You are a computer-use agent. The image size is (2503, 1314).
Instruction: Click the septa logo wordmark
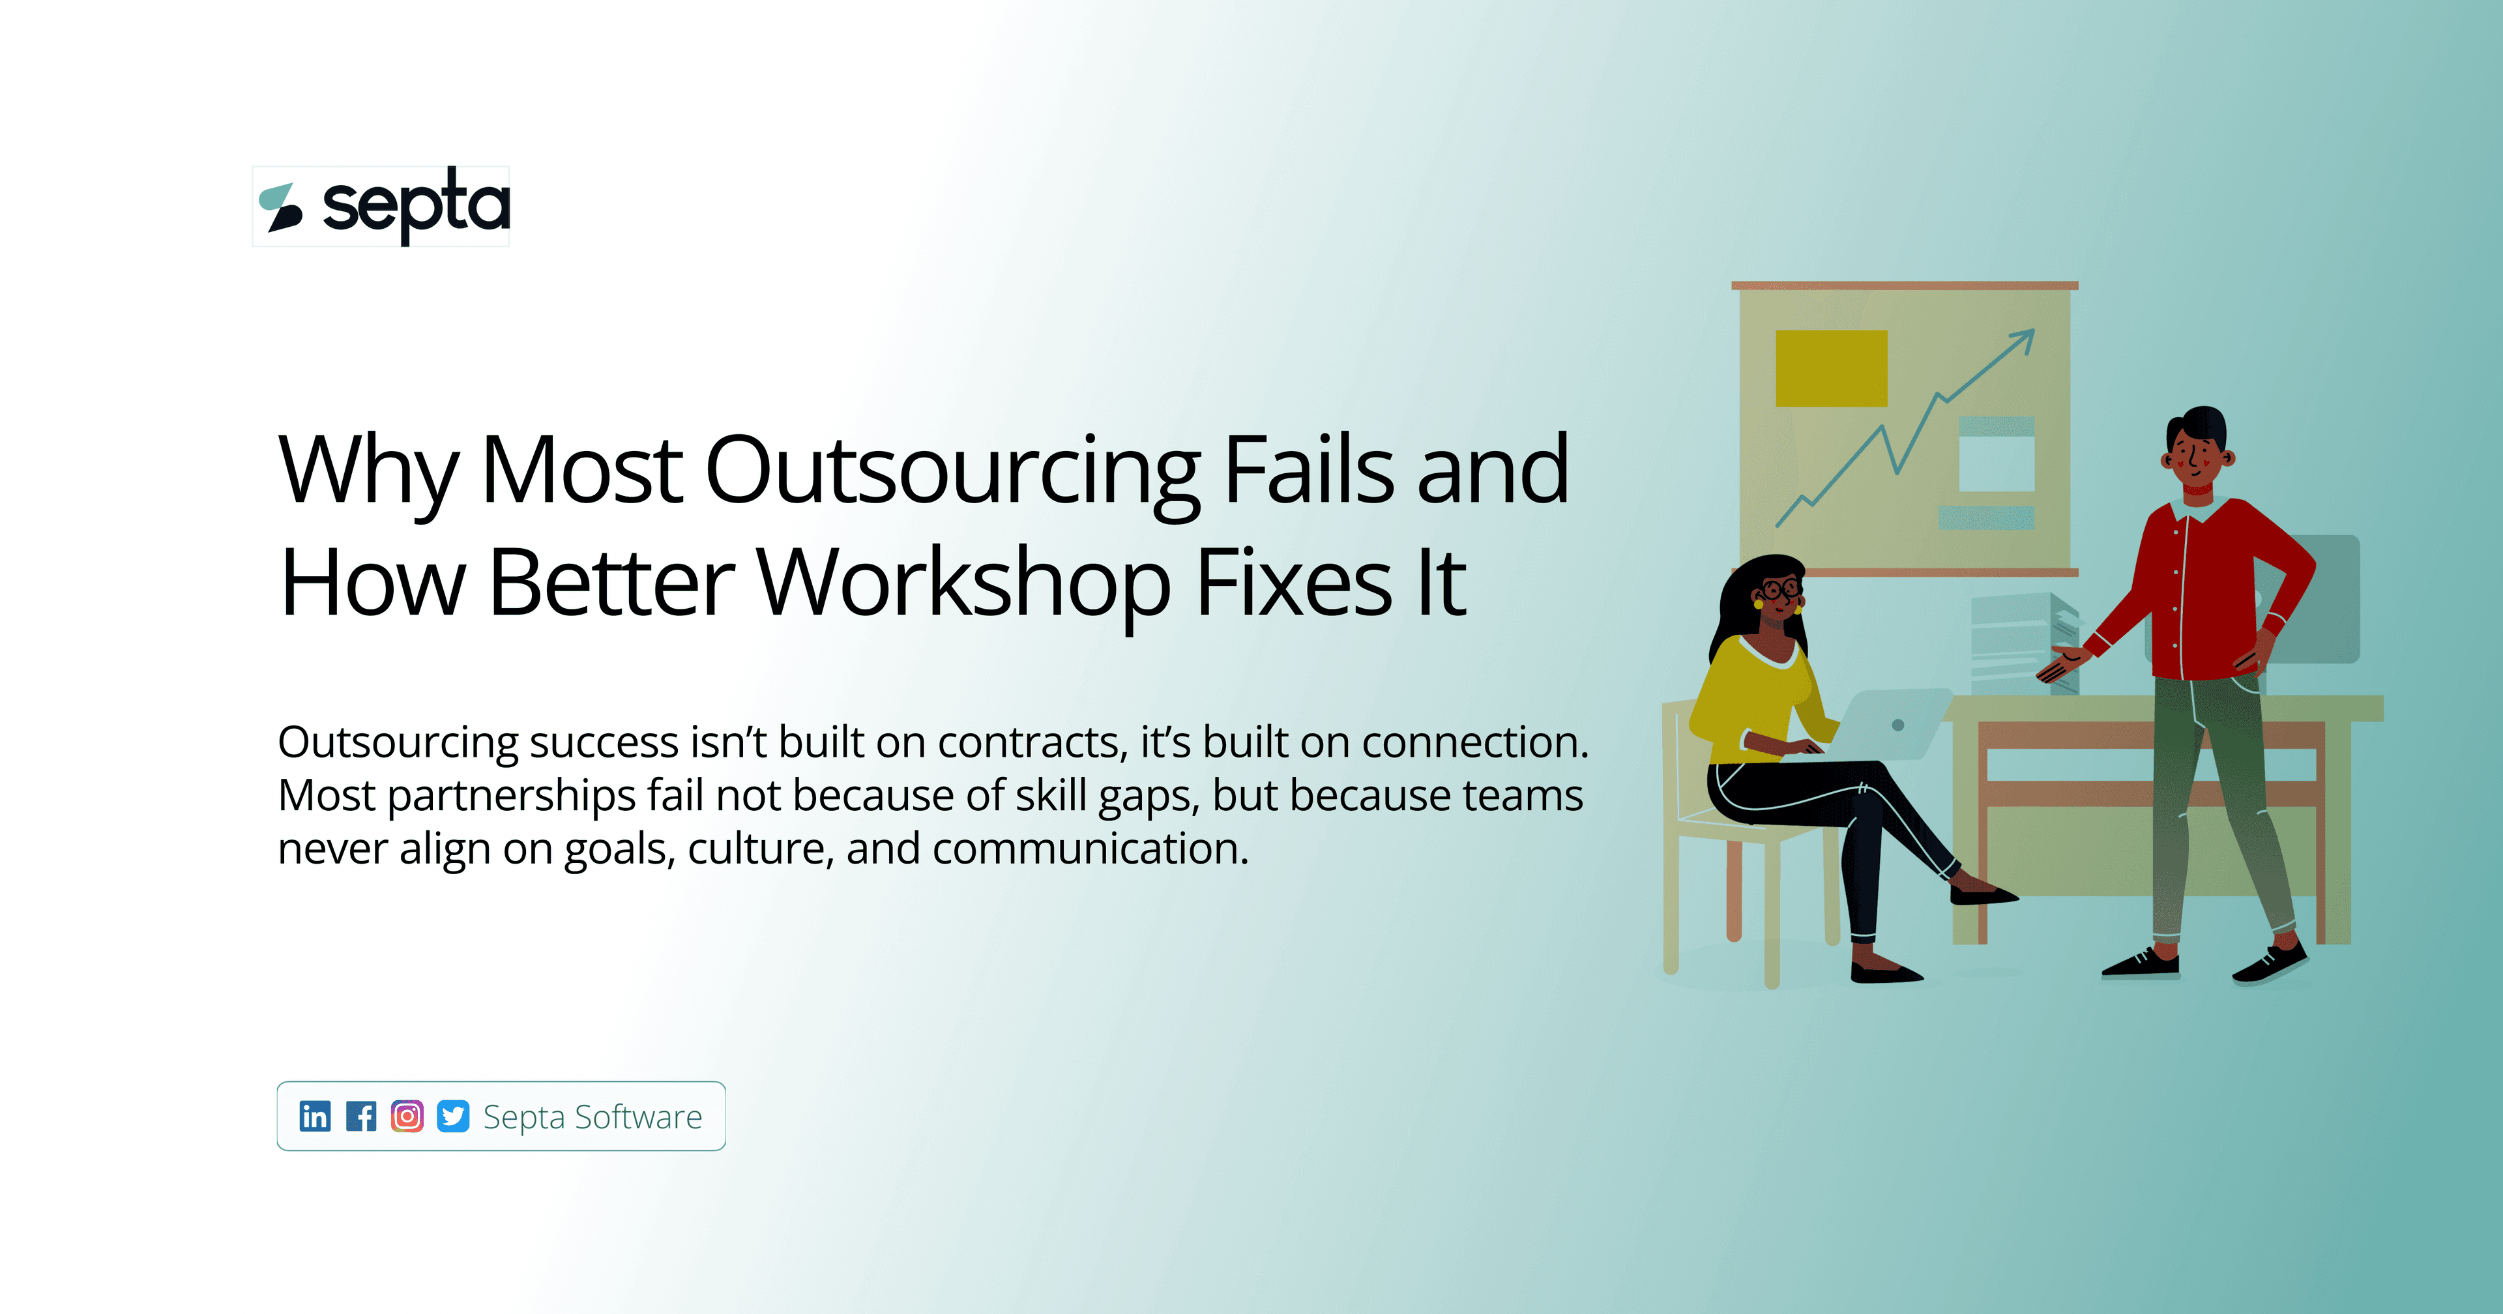[415, 205]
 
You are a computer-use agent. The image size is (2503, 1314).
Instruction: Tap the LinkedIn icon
[315, 1116]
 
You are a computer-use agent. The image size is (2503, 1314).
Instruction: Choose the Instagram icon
[407, 1116]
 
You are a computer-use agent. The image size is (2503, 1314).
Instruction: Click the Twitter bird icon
[453, 1116]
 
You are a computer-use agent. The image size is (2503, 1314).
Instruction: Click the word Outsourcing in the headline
[952, 471]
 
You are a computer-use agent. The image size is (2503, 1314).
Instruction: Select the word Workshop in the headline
[963, 583]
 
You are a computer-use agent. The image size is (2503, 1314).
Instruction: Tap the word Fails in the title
[1308, 471]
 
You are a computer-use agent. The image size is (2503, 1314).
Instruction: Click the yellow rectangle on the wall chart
[1830, 368]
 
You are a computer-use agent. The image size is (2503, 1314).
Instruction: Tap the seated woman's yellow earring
[1758, 604]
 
